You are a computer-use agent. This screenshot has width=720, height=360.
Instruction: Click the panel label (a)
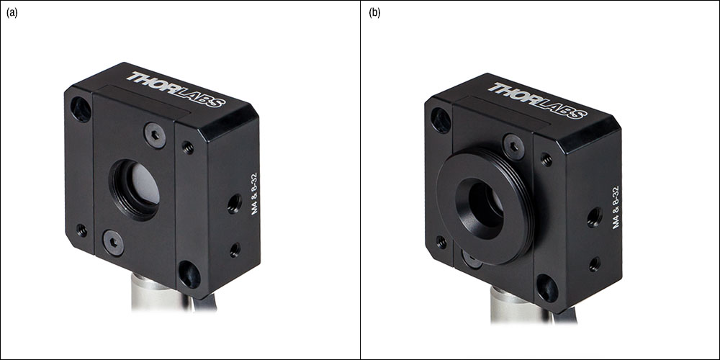(12, 13)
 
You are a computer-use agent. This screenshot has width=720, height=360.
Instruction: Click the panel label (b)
(374, 13)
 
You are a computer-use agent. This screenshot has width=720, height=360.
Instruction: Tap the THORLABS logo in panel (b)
(537, 100)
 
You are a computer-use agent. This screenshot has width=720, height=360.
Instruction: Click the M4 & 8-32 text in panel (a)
(255, 193)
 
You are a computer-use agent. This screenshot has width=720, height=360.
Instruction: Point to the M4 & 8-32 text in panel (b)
(616, 207)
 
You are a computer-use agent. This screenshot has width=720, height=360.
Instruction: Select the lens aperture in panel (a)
(135, 189)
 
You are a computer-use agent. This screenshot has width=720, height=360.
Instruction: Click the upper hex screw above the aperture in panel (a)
(156, 135)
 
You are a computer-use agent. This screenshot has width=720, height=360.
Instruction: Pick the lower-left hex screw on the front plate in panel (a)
(114, 243)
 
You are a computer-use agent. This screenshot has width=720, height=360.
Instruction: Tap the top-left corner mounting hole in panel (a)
(81, 109)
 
